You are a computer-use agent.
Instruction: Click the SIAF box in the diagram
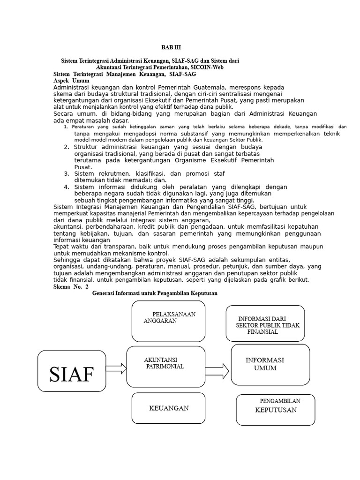72,371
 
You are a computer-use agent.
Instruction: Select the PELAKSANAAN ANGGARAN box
168,321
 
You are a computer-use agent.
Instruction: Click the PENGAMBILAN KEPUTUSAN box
275,410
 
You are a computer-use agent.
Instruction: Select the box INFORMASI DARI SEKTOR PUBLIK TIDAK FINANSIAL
265,323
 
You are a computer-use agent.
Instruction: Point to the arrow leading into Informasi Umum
217,371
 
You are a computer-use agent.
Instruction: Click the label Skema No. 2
71,287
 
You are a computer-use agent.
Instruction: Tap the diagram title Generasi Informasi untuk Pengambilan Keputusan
155,293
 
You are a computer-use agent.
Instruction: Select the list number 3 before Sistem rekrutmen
67,173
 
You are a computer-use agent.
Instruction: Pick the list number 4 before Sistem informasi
67,187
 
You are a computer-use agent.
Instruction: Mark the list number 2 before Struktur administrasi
67,147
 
